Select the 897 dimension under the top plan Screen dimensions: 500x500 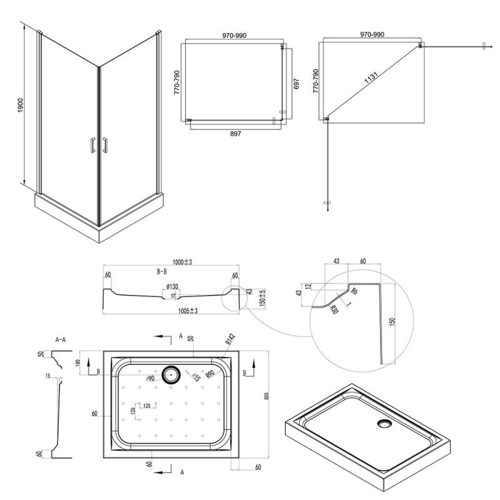[x=235, y=133]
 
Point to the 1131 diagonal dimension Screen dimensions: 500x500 [x=371, y=79]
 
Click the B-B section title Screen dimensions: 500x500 [x=162, y=272]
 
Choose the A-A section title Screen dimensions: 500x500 [x=61, y=340]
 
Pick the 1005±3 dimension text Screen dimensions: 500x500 [x=186, y=311]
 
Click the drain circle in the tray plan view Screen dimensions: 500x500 [x=170, y=376]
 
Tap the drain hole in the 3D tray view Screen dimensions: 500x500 [x=384, y=424]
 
